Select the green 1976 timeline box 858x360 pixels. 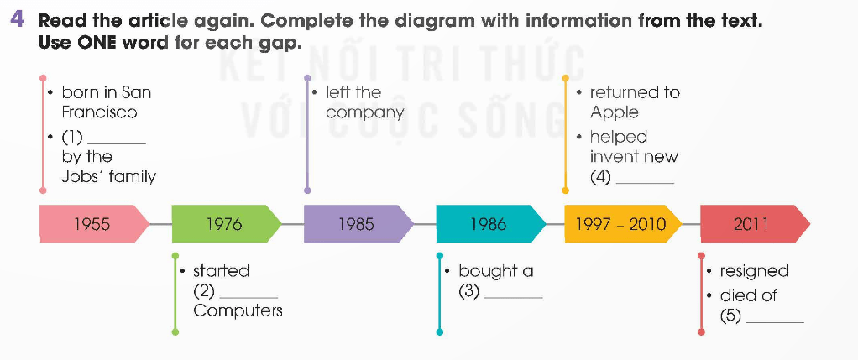point(223,223)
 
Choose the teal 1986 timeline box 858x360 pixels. point(488,223)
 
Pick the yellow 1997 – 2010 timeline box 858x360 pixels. point(620,223)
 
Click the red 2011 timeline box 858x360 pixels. point(751,223)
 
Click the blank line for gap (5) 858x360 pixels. point(775,320)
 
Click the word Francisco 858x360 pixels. point(99,112)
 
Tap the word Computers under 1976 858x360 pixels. point(238,310)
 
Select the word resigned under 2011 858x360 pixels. point(755,271)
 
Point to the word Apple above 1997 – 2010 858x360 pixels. point(614,112)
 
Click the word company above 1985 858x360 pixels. point(364,112)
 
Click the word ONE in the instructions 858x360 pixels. point(90,42)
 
